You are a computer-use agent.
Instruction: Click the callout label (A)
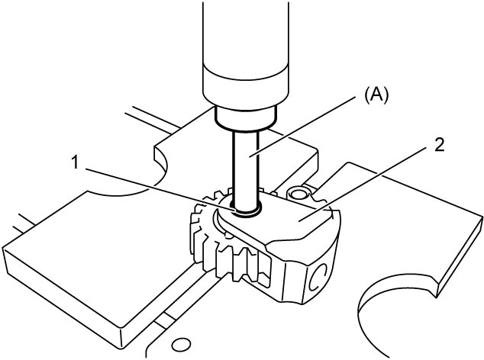tap(376, 96)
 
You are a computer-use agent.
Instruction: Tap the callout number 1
tap(75, 162)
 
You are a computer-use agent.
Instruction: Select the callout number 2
tap(439, 145)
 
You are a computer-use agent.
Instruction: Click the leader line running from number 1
tap(159, 190)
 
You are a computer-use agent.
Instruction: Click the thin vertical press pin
tap(246, 169)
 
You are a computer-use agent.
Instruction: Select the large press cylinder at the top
tap(246, 53)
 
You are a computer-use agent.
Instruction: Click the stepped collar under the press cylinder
tap(246, 118)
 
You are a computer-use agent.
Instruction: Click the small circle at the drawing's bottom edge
tap(181, 344)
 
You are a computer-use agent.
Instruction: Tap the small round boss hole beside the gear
tap(298, 194)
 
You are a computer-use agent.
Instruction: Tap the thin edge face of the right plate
tap(460, 256)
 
